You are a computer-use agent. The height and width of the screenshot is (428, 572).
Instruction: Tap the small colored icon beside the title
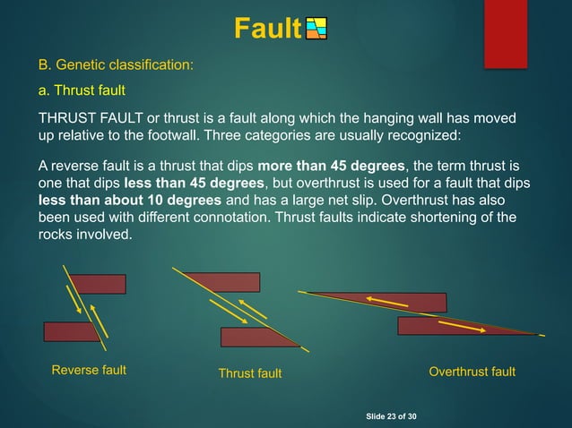tap(316, 30)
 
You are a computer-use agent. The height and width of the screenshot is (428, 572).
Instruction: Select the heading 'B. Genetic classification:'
tap(115, 65)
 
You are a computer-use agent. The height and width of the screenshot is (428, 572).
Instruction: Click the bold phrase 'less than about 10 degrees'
tap(118, 201)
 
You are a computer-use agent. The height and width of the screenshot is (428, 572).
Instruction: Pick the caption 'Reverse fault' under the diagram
tap(89, 370)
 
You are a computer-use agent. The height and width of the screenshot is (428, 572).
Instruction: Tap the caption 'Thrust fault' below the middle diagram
tap(250, 373)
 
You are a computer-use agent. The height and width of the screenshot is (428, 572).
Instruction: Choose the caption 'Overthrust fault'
tap(472, 372)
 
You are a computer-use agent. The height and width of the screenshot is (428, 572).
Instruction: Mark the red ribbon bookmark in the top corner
tap(505, 31)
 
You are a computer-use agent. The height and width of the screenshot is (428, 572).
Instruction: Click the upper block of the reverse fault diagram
tap(99, 284)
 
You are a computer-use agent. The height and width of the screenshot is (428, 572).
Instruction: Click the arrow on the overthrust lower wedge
tap(463, 326)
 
